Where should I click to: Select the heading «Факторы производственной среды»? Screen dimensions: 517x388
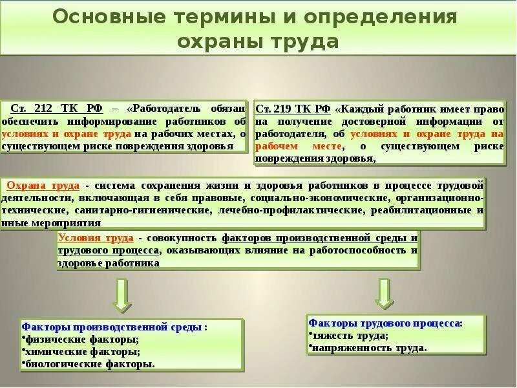click(x=112, y=327)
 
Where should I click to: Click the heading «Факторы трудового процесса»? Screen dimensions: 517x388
click(x=385, y=322)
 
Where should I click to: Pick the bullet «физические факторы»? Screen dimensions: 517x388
click(x=83, y=339)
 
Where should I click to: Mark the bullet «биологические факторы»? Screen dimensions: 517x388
click(x=90, y=364)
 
